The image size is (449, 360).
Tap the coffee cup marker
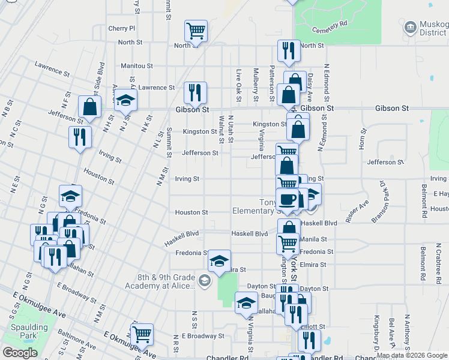click(x=287, y=198)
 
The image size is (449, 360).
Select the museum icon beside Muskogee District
click(x=411, y=28)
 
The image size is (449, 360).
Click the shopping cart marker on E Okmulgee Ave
click(x=142, y=334)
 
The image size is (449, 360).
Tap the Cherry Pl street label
click(x=122, y=28)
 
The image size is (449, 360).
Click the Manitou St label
click(x=137, y=65)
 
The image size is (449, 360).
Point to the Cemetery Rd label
click(x=335, y=23)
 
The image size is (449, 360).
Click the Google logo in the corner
click(x=20, y=353)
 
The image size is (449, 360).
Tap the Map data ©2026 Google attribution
click(x=412, y=355)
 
